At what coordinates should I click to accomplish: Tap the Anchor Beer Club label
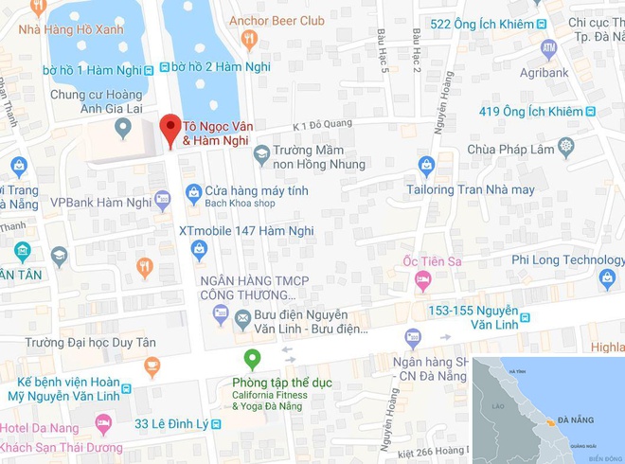[278, 20]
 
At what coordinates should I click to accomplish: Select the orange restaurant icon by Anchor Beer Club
[249, 39]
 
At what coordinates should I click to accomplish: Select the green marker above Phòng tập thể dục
[252, 359]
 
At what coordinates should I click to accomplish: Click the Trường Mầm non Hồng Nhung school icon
[260, 152]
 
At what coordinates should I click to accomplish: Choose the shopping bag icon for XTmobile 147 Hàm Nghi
[199, 250]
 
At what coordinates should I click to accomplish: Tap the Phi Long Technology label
[567, 259]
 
